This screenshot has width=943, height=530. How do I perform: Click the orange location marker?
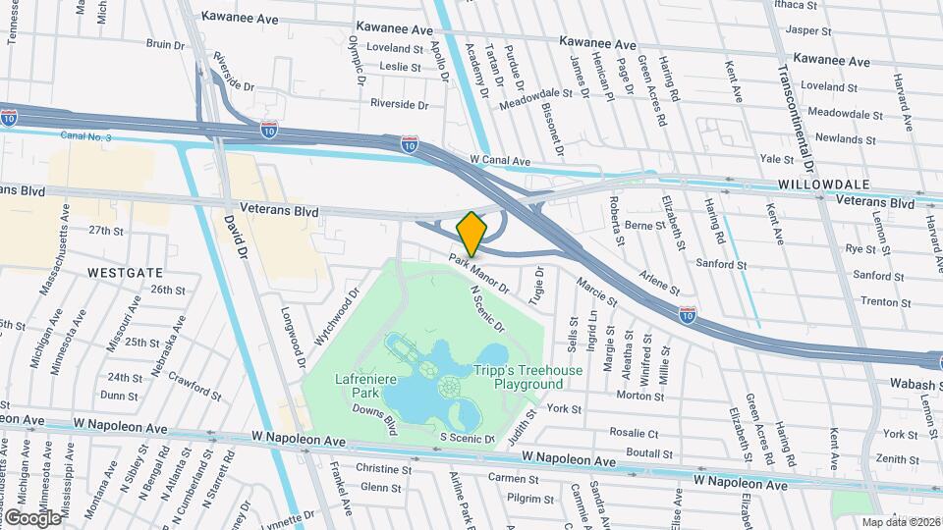tap(471, 234)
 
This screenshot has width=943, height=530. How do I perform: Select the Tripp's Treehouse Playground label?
tap(528, 377)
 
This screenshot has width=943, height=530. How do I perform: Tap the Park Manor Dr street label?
tap(479, 275)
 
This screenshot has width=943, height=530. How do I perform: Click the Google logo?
tap(32, 517)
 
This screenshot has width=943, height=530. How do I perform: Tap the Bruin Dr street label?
tap(165, 44)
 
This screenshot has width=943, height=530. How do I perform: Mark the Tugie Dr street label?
tap(536, 285)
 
